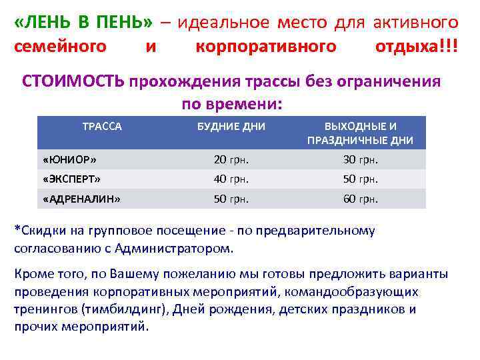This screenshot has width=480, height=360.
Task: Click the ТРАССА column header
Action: (x=101, y=126)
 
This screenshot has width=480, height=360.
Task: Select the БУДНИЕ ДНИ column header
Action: (x=231, y=126)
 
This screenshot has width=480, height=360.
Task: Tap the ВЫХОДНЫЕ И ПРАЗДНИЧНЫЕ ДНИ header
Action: (x=360, y=133)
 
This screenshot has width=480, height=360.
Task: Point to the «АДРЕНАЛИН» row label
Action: (x=81, y=198)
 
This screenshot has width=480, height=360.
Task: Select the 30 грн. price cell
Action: (x=361, y=160)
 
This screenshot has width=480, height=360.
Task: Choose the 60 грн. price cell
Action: (x=361, y=198)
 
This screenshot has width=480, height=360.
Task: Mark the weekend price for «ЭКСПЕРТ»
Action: (x=361, y=179)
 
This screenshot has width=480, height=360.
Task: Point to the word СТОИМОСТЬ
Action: (x=73, y=81)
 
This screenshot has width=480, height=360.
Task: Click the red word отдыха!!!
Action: (x=417, y=47)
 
